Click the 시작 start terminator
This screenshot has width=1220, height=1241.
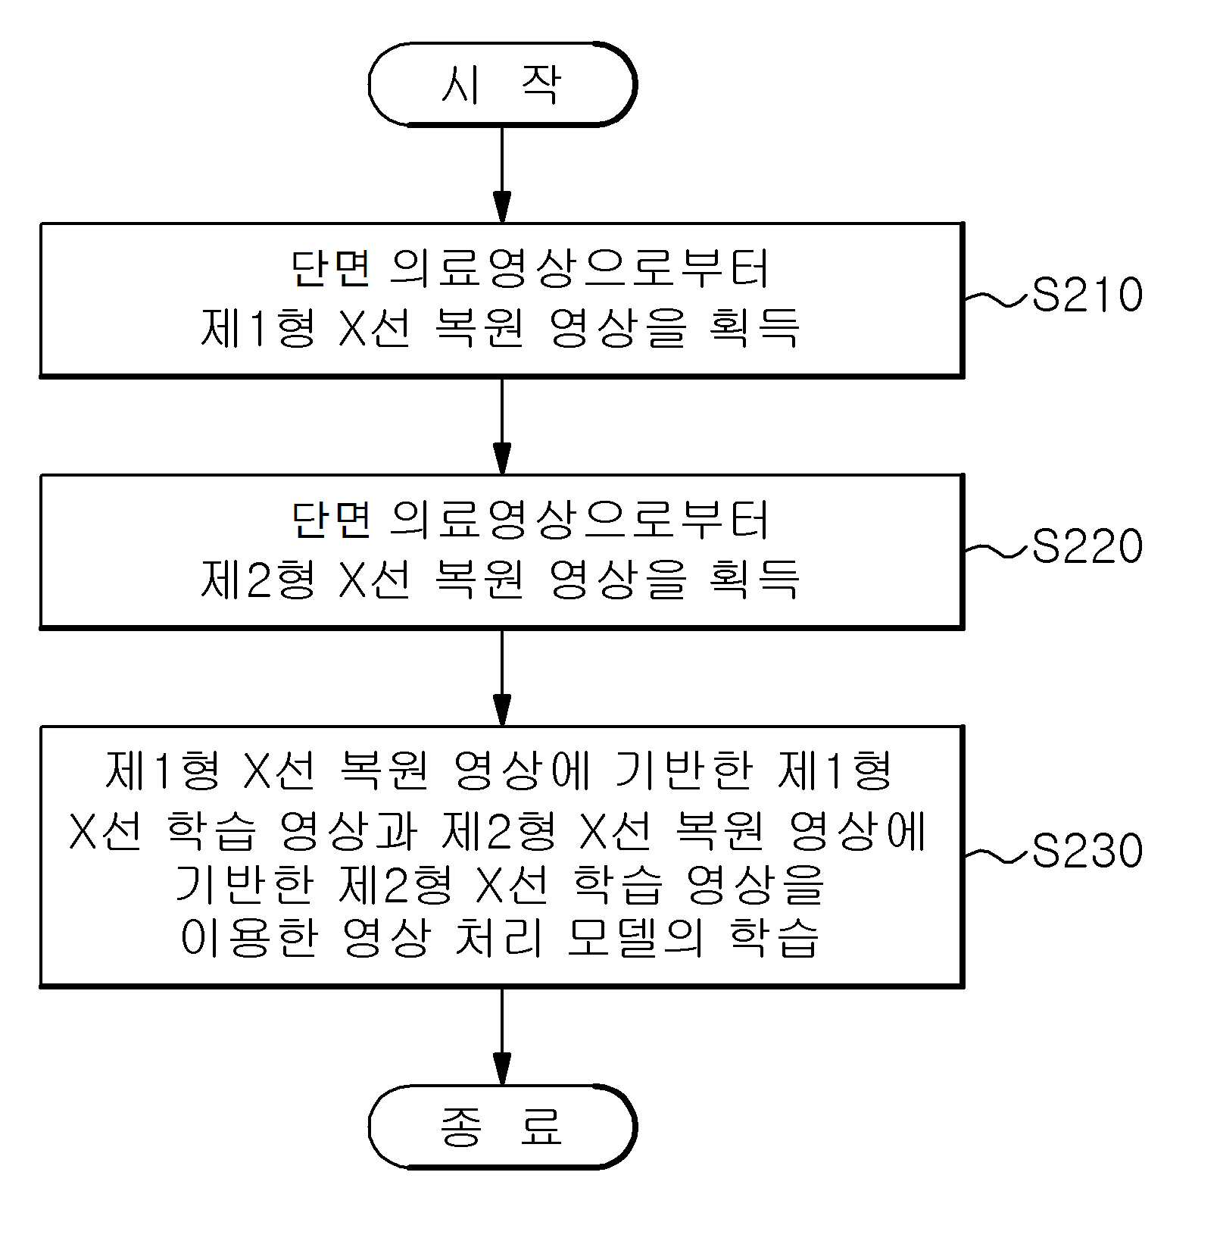502,84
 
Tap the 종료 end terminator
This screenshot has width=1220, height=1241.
502,1126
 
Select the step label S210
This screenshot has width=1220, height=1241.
1087,295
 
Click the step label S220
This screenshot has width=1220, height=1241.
1087,546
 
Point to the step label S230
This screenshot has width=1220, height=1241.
1087,850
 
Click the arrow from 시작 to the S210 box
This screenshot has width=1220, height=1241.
502,175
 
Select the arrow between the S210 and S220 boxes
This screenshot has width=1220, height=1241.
502,427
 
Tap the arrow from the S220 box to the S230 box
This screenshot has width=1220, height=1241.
502,677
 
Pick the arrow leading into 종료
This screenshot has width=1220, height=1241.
502,1036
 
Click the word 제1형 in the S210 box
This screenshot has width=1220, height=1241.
258,327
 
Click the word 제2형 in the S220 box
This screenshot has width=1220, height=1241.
258,579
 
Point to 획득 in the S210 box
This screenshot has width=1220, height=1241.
754,327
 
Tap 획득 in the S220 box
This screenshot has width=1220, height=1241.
754,579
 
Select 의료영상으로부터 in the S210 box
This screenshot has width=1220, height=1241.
580,268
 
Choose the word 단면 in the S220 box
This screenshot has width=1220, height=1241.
331,520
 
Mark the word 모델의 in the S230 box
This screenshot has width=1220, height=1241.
635,938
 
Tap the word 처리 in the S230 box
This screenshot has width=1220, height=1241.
499,938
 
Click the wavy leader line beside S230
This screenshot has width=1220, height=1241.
998,856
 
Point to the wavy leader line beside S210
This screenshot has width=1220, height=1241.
998,300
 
